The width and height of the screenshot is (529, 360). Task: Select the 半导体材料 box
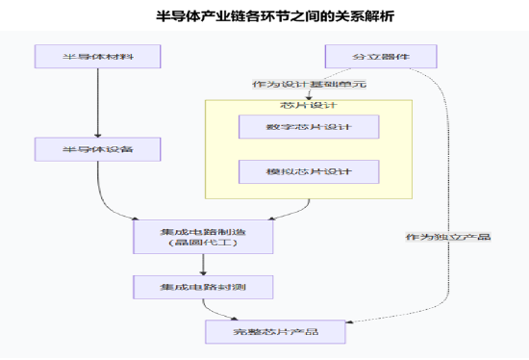(x=98, y=56)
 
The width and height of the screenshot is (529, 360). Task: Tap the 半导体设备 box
(x=98, y=149)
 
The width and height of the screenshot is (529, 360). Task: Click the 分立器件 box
(x=381, y=56)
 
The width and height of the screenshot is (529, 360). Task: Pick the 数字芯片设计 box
(x=309, y=127)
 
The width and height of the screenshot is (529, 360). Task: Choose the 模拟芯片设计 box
(x=309, y=172)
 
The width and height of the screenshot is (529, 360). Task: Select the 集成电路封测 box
(x=203, y=286)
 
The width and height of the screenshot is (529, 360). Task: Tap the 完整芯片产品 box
(x=276, y=332)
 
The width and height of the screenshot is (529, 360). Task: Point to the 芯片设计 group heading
(x=309, y=105)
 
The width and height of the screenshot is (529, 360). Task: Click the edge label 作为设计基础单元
(x=309, y=84)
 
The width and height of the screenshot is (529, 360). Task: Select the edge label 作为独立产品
(x=448, y=236)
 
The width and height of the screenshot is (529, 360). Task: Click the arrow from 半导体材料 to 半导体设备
(x=98, y=101)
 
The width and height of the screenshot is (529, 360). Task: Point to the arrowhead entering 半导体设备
(x=98, y=134)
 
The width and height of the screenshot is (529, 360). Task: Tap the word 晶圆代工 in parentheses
(x=203, y=244)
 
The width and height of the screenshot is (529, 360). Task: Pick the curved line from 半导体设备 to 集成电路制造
(x=115, y=205)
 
